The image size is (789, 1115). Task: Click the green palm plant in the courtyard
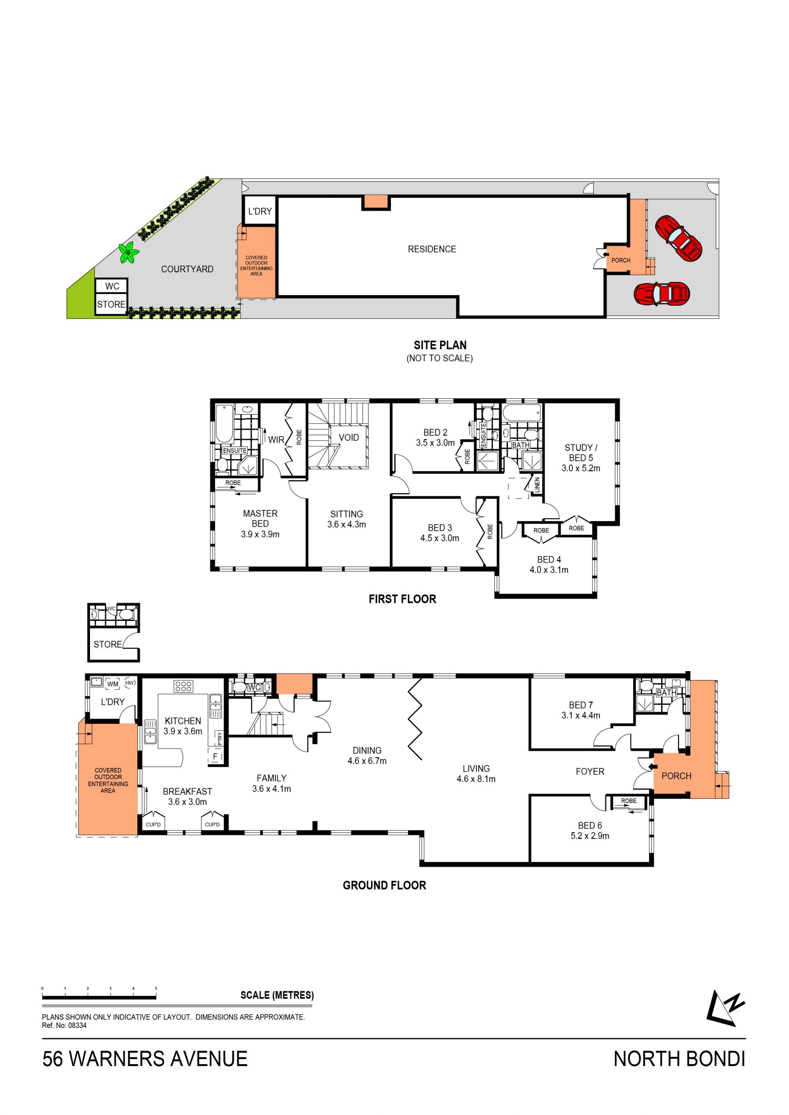click(129, 253)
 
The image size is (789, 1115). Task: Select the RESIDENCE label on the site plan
click(432, 249)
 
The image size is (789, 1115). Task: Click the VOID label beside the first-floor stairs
click(349, 437)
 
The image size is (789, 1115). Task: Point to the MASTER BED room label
click(261, 518)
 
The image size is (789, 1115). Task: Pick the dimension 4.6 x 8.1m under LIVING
click(476, 779)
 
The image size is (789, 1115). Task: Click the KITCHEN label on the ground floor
click(183, 721)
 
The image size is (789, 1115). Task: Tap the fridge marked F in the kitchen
click(215, 756)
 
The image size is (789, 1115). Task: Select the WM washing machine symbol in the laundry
click(113, 684)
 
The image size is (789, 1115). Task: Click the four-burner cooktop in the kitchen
click(184, 686)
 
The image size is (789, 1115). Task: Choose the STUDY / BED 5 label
click(581, 453)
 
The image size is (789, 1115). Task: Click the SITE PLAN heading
click(440, 345)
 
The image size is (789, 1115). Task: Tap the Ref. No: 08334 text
click(64, 1025)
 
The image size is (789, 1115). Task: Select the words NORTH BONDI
click(679, 1059)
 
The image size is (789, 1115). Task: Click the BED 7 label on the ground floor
click(581, 705)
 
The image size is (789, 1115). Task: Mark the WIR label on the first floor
click(276, 439)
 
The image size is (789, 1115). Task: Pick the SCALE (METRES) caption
click(277, 991)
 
